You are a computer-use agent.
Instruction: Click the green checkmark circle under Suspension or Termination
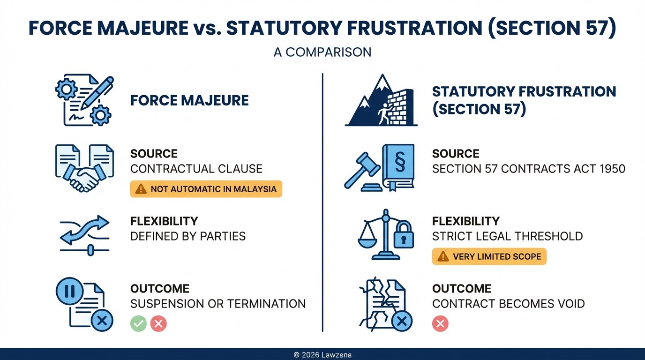coord(138,323)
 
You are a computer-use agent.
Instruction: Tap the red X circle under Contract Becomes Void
coord(440,323)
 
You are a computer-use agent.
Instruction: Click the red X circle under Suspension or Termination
coord(159,323)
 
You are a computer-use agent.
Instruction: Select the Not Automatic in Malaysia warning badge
coord(206,189)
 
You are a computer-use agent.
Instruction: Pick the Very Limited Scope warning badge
coord(489,256)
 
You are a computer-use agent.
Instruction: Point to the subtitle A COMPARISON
coord(322,52)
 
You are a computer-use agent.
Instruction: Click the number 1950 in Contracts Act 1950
coord(611,169)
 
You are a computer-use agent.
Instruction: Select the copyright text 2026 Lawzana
coord(322,355)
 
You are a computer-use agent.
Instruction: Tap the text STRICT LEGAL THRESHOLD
coord(507,236)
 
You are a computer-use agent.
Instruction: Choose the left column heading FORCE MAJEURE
coord(189,100)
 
